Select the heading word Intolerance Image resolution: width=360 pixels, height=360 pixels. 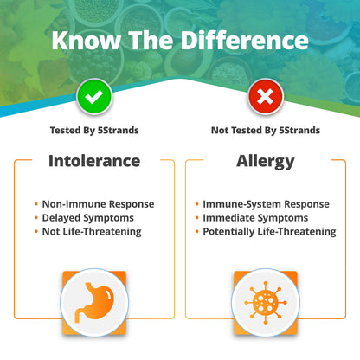93,161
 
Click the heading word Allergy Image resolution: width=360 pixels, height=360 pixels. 266,161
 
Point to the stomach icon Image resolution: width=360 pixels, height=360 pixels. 93,302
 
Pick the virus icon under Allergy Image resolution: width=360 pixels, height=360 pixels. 266,302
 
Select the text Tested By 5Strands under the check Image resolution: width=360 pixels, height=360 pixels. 93,131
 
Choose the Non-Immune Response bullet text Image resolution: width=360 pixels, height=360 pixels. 98,204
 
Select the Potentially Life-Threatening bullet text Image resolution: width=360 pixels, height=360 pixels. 269,231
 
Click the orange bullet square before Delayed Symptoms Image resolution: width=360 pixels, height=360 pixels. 37,218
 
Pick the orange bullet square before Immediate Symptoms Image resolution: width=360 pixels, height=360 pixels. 197,218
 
